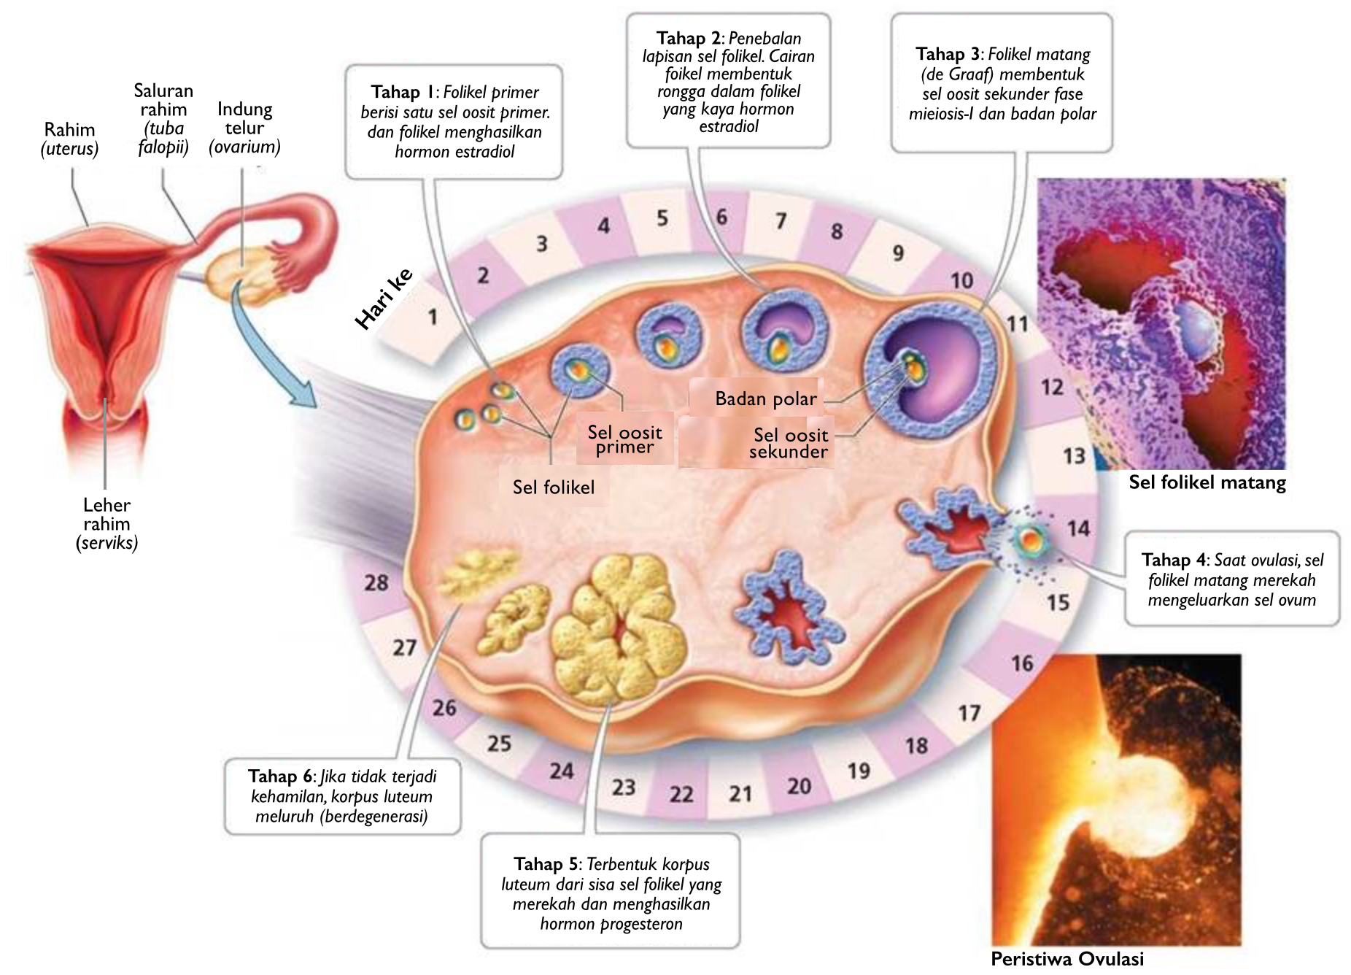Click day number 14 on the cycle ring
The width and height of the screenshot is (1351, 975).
click(1078, 528)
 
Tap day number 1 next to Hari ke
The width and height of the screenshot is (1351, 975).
click(433, 317)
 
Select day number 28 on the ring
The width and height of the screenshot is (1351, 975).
click(376, 582)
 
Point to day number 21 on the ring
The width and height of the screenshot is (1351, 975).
click(740, 793)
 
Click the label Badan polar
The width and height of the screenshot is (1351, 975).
click(765, 398)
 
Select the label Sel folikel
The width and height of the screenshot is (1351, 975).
click(553, 487)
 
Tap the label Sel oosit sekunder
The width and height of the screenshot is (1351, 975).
click(789, 443)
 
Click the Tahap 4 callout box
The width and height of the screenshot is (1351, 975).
click(1231, 579)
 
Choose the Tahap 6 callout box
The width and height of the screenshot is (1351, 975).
click(342, 796)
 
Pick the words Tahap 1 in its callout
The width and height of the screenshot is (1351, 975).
click(401, 92)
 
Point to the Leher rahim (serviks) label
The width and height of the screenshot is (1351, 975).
click(107, 523)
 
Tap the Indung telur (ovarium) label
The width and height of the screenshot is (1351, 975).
click(244, 128)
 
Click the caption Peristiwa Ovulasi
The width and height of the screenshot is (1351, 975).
click(1067, 958)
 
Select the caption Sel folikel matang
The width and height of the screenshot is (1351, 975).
click(1207, 482)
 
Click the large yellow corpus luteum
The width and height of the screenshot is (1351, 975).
click(619, 629)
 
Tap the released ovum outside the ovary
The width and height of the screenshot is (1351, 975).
click(1030, 541)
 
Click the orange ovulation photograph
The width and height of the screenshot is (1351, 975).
click(1115, 799)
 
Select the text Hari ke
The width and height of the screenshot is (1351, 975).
click(384, 298)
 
